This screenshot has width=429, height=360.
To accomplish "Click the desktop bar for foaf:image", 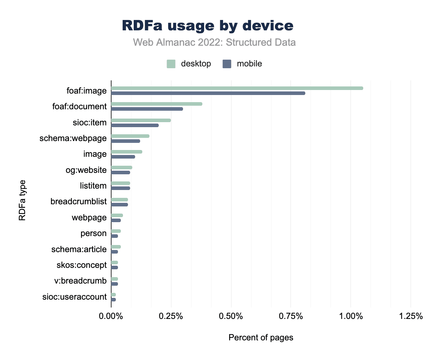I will (x=237, y=88).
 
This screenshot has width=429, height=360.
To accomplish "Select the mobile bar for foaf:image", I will (x=208, y=93).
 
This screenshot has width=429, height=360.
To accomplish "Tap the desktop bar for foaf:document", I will (x=157, y=104).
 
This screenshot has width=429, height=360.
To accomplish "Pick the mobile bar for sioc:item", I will (x=135, y=125).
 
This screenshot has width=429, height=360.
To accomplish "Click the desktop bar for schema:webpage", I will (x=130, y=136).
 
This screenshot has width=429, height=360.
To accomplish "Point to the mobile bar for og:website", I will (x=120, y=172).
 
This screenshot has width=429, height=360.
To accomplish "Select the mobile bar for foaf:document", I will (x=147, y=109).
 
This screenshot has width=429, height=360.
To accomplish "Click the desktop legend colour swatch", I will (x=171, y=64).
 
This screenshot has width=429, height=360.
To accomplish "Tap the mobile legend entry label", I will (x=249, y=64).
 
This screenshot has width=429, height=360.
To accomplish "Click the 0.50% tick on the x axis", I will (x=231, y=316).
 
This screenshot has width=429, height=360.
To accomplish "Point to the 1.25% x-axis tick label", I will (x=410, y=316).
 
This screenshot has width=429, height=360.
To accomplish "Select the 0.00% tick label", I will (x=111, y=316).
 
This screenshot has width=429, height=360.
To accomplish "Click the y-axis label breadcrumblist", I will (x=79, y=202).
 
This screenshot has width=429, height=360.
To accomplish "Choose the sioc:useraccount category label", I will (x=74, y=297).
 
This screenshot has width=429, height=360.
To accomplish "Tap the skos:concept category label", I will (x=82, y=265).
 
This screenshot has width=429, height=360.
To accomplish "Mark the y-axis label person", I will (x=94, y=234).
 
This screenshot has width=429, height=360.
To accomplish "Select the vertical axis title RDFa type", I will (x=23, y=202).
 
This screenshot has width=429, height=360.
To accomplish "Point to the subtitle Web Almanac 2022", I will (x=214, y=42).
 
